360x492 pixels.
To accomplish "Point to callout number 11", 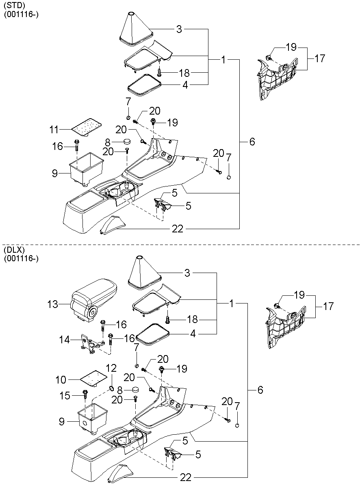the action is click(54, 130).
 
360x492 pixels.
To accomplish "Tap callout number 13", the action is click(53, 304).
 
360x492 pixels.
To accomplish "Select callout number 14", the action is click(64, 340).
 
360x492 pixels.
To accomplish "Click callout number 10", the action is click(61, 380).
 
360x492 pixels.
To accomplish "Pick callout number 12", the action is click(111, 368).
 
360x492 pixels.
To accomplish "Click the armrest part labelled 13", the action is click(93, 300).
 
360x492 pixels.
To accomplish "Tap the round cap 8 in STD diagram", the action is click(127, 141).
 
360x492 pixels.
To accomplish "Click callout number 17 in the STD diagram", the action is click(320, 59).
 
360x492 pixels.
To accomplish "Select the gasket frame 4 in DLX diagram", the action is click(153, 334).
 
